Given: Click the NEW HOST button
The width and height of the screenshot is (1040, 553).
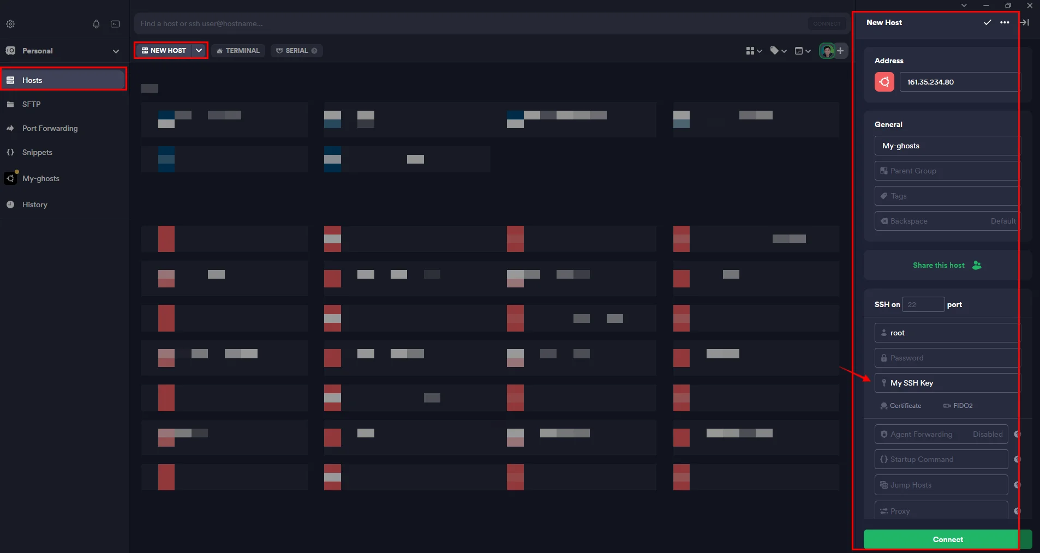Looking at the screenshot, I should pos(164,51).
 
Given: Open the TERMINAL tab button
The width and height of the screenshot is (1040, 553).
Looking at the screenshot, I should pos(238,51).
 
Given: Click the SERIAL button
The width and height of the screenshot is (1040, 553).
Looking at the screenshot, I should pos(296,51).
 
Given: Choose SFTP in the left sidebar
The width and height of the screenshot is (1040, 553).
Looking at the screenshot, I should pos(31,104).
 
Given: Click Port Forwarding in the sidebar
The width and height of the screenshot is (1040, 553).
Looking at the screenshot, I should pos(50,128).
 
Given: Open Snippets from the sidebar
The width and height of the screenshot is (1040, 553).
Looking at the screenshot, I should pos(37,152).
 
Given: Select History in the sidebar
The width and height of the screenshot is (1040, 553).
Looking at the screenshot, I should pos(34,205).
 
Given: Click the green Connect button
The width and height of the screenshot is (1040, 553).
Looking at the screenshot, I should pos(947,539).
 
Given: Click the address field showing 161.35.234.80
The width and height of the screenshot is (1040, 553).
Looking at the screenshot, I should pos(958,82).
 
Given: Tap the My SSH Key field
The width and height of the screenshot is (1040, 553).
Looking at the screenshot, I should pos(947,383).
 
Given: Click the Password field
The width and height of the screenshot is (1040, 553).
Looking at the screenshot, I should pos(947,358).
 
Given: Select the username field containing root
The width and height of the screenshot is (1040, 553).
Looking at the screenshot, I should pos(947,333).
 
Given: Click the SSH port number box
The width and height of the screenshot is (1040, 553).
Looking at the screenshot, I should pos(923,304).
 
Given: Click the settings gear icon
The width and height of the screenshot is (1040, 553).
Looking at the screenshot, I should pos(10,24).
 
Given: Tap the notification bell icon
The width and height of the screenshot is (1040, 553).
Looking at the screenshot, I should pos(96,24).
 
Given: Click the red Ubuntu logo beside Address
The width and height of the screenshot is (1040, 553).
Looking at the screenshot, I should pos(884,82).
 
